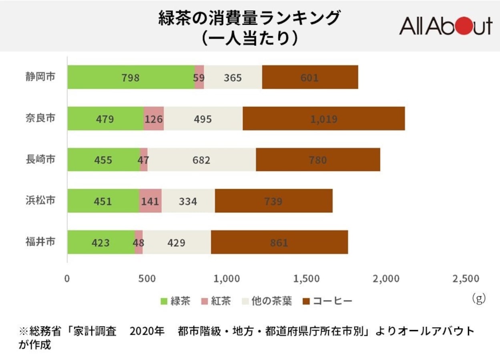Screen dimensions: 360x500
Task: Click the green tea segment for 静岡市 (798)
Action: (x=131, y=77)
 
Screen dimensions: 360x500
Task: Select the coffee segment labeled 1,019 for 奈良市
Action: (x=323, y=119)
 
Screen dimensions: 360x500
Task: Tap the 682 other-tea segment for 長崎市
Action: (x=201, y=160)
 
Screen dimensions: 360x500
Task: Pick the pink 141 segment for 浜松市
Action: (x=150, y=201)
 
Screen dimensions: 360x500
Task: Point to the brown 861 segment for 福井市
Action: (x=279, y=242)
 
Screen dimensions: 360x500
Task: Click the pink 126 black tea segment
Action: (x=153, y=119)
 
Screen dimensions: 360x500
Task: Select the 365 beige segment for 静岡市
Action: (x=233, y=77)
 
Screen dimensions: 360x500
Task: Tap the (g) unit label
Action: (x=478, y=299)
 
